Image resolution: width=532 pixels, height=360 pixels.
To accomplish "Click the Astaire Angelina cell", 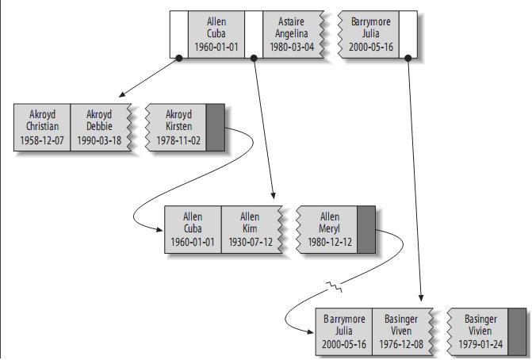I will [294, 35].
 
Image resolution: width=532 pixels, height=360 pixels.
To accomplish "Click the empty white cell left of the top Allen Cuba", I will [179, 35].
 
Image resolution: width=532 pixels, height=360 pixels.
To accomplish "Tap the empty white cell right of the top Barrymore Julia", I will [408, 35].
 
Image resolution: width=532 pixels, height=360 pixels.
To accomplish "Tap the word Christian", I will [42, 127].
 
